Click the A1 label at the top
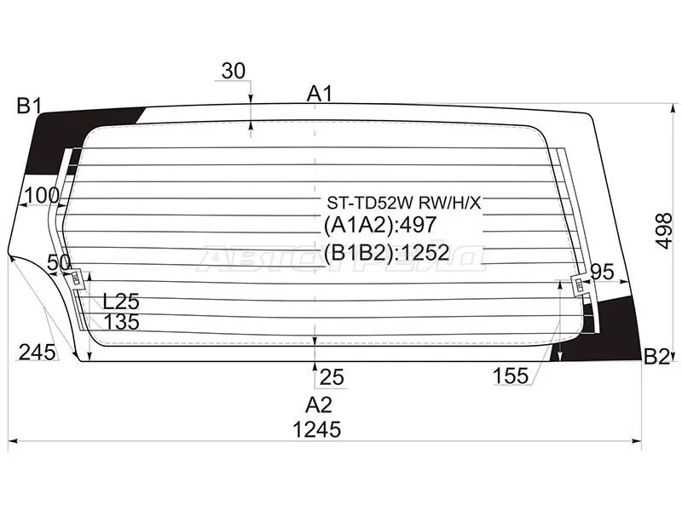click(320, 94)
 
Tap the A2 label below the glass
click(319, 405)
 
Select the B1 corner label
click(29, 106)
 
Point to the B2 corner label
click(656, 357)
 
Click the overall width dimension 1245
click(316, 430)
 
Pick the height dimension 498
click(664, 231)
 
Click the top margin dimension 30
click(234, 71)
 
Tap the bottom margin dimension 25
click(332, 377)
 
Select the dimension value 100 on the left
click(42, 196)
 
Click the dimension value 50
click(59, 262)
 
